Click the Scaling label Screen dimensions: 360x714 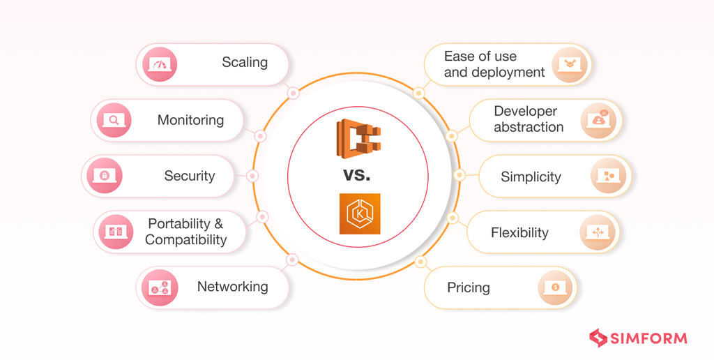(244, 63)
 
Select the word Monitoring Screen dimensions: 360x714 (190, 120)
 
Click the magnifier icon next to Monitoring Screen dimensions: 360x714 (114, 120)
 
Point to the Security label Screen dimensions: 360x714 (189, 176)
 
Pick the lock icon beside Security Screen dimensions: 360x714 (105, 175)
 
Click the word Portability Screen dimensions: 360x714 (178, 224)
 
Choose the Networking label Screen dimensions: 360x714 (232, 287)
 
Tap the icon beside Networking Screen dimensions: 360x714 (160, 287)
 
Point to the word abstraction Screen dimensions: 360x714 (529, 128)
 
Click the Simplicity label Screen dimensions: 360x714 (531, 177)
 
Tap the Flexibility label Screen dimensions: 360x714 (519, 232)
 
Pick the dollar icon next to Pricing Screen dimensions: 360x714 (556, 287)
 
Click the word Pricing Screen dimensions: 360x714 (468, 287)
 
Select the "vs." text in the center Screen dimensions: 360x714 (357, 174)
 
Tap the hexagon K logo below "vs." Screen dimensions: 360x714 (359, 213)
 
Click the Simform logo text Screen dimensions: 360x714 (648, 339)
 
